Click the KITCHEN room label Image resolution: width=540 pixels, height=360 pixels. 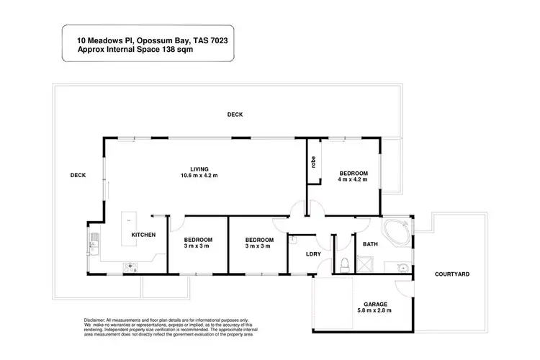[x=143, y=235]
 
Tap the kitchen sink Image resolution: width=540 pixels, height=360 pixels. [x=91, y=239]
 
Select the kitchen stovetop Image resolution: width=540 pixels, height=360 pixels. [x=132, y=267]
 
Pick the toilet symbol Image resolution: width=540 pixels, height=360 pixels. [x=345, y=264]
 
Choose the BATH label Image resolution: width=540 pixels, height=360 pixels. [x=370, y=244]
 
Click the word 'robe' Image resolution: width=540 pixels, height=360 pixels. [x=313, y=163]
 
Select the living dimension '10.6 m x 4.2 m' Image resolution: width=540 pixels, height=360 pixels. [x=199, y=176]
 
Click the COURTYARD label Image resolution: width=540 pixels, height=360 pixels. [x=452, y=274]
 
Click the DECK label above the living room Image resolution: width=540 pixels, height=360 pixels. [x=235, y=114]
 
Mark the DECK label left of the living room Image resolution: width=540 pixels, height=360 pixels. [x=78, y=175]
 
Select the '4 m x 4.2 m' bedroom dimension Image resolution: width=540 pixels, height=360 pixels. [x=354, y=179]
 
